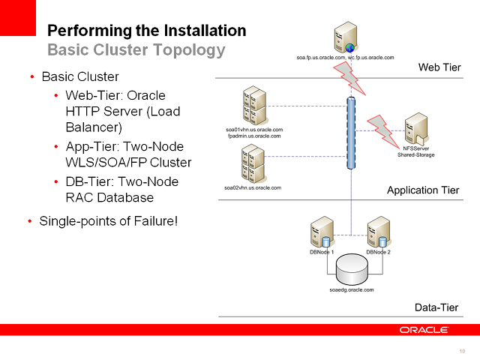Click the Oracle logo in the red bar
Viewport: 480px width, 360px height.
click(x=424, y=329)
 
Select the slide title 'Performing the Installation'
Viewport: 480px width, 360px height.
click(x=147, y=31)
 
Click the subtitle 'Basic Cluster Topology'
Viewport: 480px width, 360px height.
click(x=136, y=50)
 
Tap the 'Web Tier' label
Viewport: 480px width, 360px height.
click(x=439, y=67)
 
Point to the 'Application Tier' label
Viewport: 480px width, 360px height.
click(x=423, y=190)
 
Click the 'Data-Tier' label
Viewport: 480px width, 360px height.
click(x=436, y=307)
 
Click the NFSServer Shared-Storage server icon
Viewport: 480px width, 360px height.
click(x=416, y=129)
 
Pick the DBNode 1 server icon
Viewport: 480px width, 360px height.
click(x=322, y=232)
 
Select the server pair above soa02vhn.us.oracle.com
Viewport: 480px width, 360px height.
click(x=253, y=162)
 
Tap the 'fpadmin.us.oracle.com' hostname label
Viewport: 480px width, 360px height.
click(x=253, y=136)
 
